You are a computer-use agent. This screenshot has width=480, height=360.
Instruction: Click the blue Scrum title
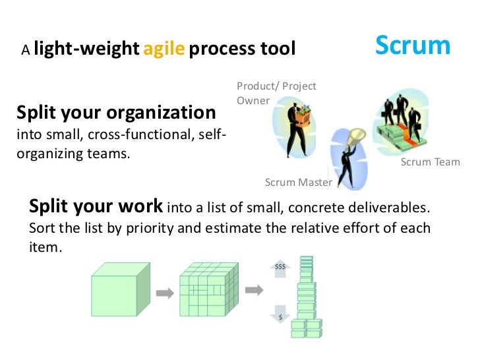[x=413, y=45]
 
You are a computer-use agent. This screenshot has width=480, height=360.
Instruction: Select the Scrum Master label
[x=298, y=182]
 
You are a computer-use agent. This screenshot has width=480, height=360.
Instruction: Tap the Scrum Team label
[x=430, y=162]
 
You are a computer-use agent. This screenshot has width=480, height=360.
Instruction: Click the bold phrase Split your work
[x=96, y=206]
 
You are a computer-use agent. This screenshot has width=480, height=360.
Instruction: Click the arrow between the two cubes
[x=164, y=291]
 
